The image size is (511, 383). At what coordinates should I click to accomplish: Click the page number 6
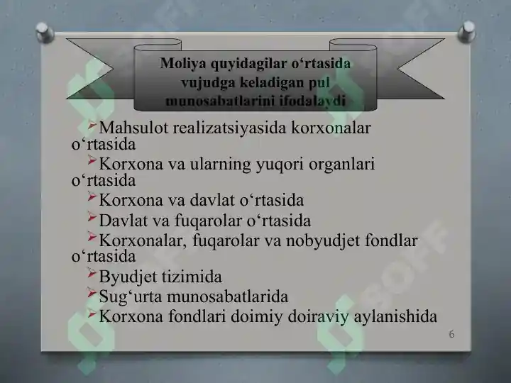(x=451, y=333)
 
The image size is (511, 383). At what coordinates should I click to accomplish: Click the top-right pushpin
(x=467, y=30)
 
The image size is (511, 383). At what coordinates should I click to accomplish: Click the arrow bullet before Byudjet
(x=92, y=274)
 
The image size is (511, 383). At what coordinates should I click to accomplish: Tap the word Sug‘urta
(x=127, y=296)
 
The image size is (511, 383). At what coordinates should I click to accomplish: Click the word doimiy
(x=257, y=316)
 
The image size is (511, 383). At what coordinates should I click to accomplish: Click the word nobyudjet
(x=321, y=241)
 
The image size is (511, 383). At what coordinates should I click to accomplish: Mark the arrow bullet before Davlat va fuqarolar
(x=92, y=218)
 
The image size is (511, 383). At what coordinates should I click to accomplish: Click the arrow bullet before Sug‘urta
(x=92, y=293)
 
